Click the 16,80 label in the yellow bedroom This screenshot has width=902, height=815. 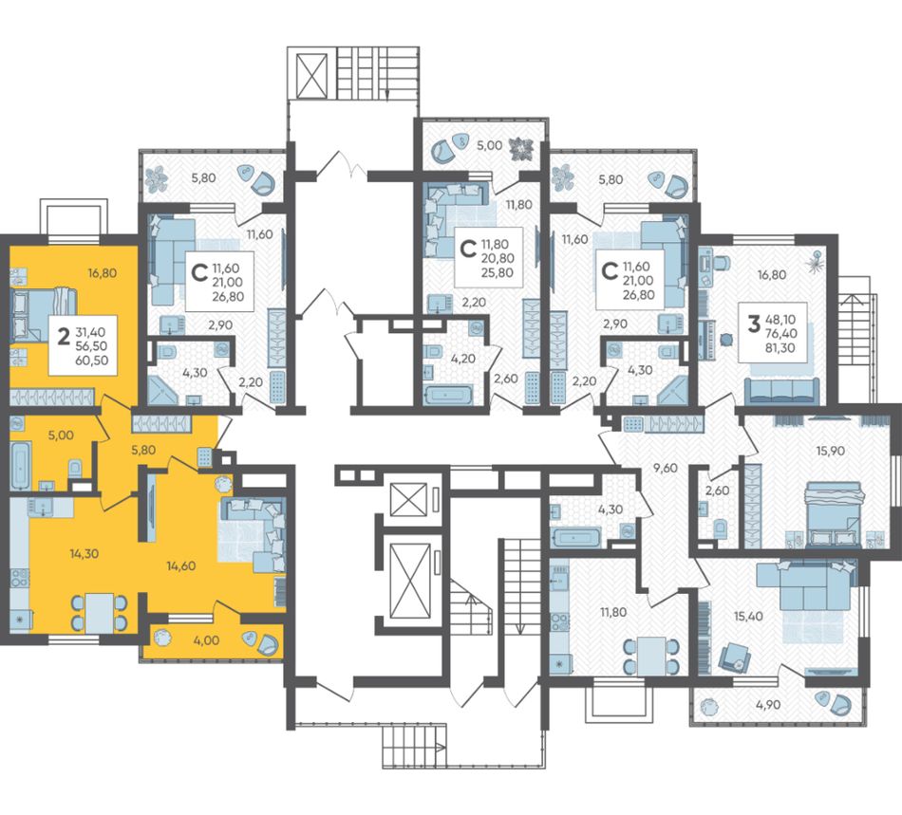pos(103,273)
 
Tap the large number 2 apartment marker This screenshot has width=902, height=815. pos(64,336)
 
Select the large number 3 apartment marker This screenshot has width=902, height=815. pos(753,324)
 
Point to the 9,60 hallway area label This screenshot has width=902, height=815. pos(666,468)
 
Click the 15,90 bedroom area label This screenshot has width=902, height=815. pos(830,452)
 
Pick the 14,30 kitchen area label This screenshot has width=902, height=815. pos(84,553)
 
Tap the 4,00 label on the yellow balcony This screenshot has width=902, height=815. pos(207,639)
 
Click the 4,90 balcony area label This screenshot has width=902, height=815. pos(768,705)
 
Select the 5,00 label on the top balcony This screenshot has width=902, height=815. pos(490,145)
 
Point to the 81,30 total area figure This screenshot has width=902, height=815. pos(780,347)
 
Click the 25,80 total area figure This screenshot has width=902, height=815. pos(498,273)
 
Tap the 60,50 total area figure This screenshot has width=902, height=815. pos(92,361)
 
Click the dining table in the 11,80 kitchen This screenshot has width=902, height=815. pos(651,656)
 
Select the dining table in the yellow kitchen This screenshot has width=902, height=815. pos(100,613)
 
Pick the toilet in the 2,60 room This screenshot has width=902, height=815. pos(721,528)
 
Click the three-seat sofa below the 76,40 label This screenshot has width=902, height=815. pos(781,391)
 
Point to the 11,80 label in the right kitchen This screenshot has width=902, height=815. pos(613,612)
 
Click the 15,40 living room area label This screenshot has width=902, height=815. pos(748,616)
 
